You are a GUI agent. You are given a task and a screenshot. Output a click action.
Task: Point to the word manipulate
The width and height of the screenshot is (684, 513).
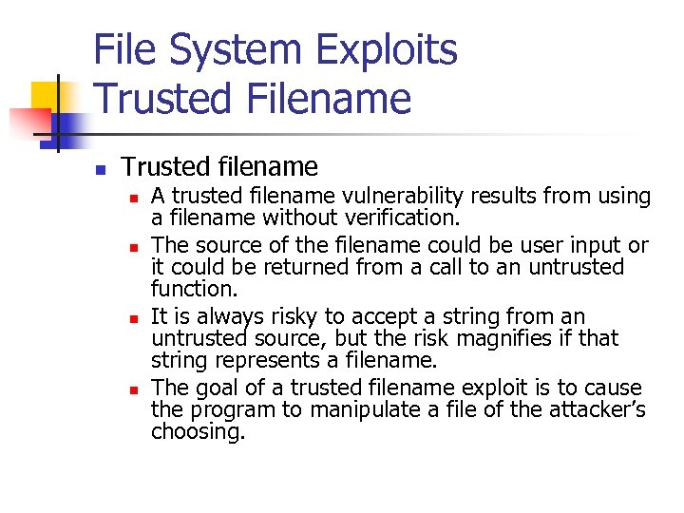[x=346, y=409]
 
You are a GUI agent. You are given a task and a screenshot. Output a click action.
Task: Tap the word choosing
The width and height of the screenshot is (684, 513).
[x=198, y=431]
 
